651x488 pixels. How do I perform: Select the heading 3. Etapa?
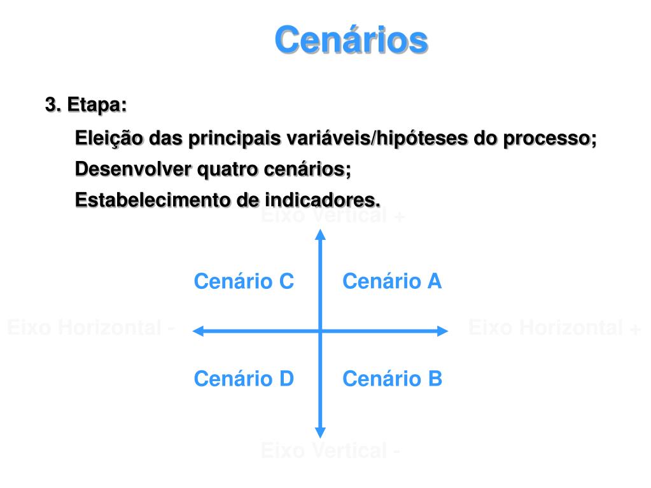coord(86,105)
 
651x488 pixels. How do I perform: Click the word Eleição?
coord(109,138)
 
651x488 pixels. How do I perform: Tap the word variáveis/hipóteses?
coord(378,138)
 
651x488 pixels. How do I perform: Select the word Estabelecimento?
coord(153,200)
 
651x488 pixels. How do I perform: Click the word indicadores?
coord(323,200)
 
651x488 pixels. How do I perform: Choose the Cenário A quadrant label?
coord(392,281)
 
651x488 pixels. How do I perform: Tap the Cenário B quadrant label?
coord(392,379)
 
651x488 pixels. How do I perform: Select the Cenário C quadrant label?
coord(244,281)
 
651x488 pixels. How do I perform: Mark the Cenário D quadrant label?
coord(244,379)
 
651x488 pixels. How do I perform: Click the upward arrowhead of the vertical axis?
coord(321,234)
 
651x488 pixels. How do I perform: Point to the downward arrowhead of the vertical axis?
coord(321,432)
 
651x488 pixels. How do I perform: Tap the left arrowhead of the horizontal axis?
coord(198,330)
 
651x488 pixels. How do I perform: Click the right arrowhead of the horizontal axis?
coord(443,330)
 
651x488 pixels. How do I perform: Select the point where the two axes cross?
coord(321,330)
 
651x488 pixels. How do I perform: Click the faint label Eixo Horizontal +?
coord(554,328)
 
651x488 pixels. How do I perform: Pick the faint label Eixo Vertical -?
coord(330,451)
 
